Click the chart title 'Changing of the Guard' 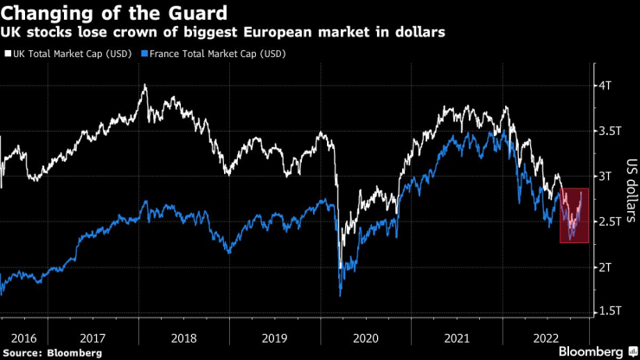pyautogui.click(x=115, y=14)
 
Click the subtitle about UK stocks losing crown pyautogui.click(x=228, y=34)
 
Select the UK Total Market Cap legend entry pyautogui.click(x=66, y=54)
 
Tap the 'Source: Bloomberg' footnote pyautogui.click(x=52, y=353)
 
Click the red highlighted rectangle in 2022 pyautogui.click(x=574, y=215)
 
